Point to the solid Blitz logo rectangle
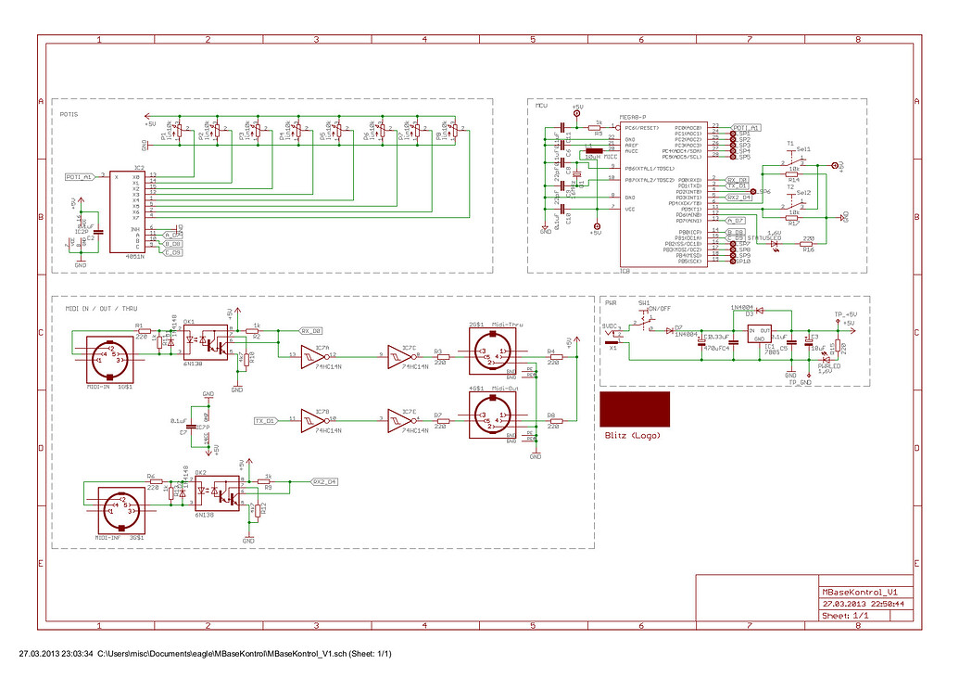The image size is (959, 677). pos(635,409)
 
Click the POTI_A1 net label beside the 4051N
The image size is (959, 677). pos(80,176)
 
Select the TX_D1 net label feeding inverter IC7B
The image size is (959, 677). pos(266,421)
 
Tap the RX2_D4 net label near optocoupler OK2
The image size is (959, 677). pos(324,481)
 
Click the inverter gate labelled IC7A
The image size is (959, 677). pos(313,354)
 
